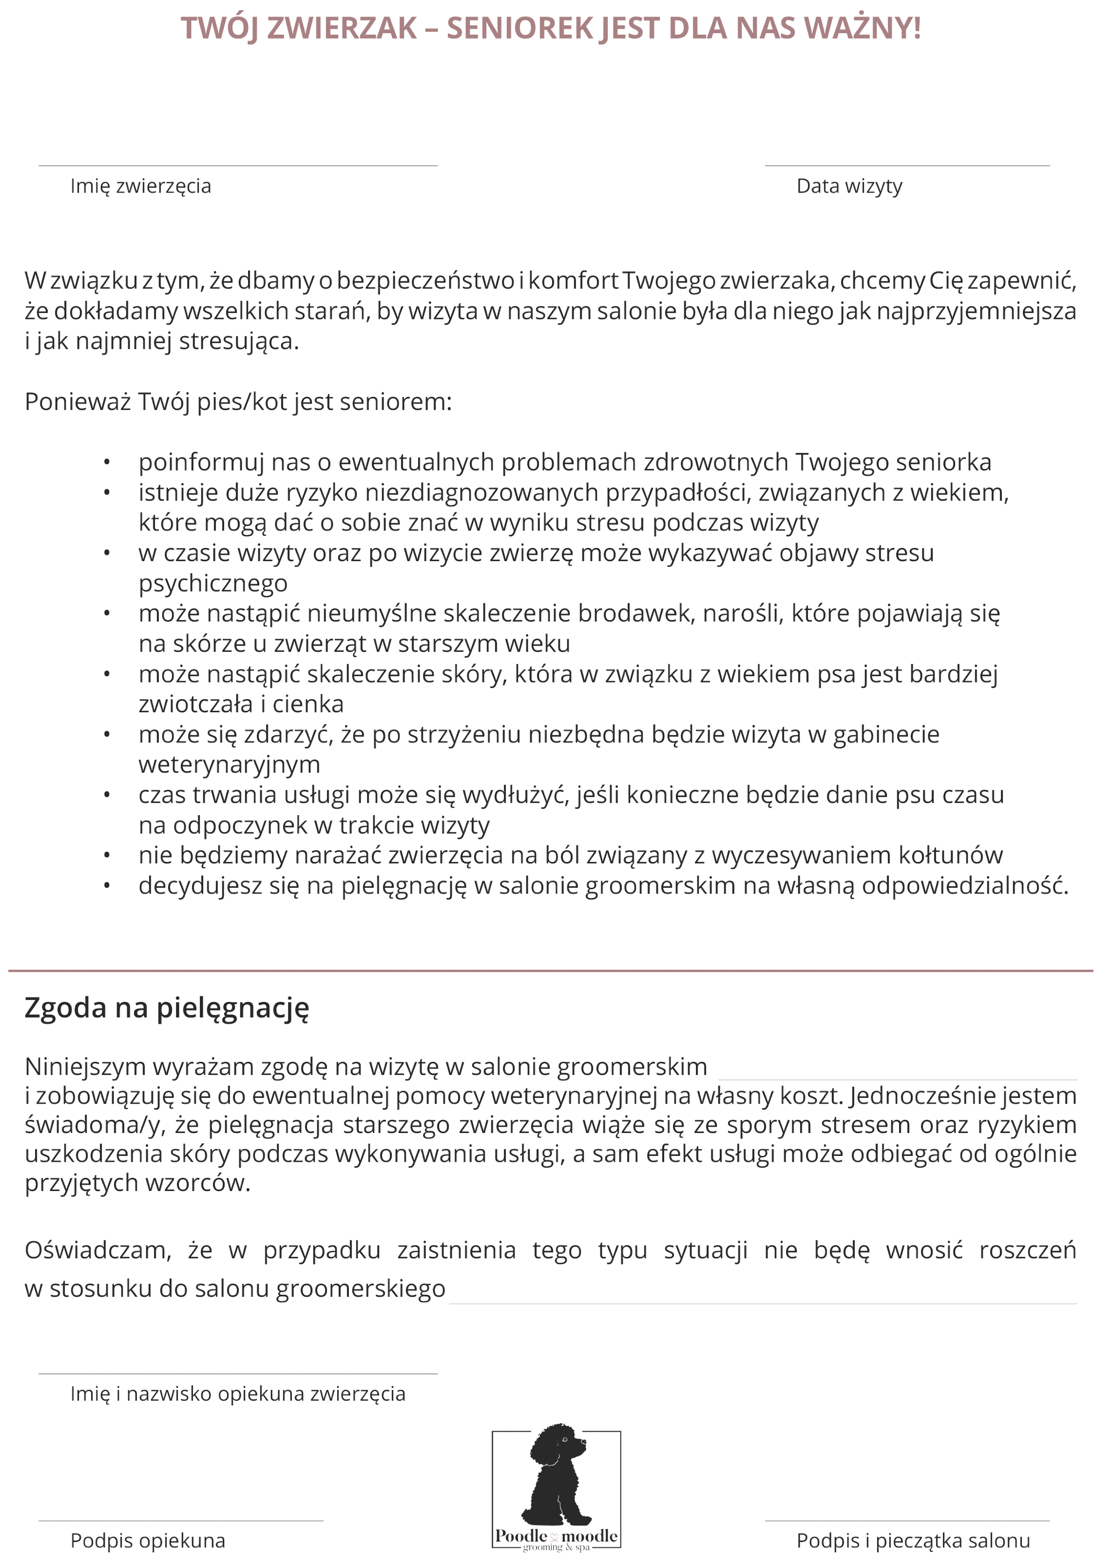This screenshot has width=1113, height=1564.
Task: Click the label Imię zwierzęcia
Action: (140, 187)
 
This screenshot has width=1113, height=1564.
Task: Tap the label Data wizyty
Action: (849, 187)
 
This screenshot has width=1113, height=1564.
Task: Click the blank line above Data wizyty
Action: (907, 166)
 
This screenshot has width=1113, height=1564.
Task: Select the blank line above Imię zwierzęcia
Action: (238, 166)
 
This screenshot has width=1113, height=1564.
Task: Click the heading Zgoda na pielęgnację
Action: (167, 1008)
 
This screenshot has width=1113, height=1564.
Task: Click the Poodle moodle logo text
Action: (556, 1536)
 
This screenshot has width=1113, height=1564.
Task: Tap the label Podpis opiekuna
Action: (147, 1542)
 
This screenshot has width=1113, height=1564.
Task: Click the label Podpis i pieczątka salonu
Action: (913, 1542)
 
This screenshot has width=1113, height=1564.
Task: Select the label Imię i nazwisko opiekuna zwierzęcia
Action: (238, 1394)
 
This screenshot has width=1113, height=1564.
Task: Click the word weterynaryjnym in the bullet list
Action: (229, 764)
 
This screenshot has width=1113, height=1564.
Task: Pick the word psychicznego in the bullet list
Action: (212, 584)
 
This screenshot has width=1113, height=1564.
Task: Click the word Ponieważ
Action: (77, 402)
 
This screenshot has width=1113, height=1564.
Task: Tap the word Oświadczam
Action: (97, 1251)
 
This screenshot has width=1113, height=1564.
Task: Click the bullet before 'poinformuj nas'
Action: (107, 463)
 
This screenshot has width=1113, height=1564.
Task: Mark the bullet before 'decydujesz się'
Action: (107, 886)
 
